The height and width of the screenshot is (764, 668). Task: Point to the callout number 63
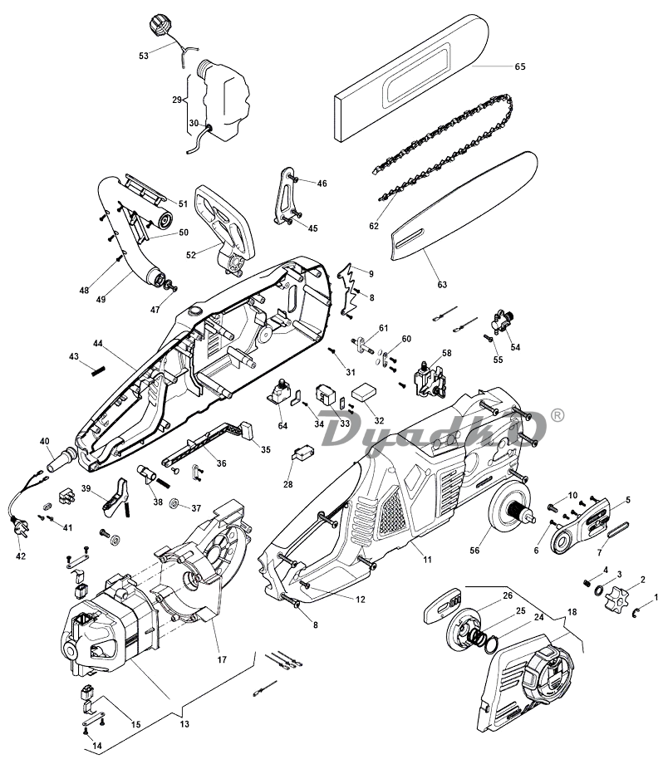442,285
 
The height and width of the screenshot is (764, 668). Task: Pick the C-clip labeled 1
636,613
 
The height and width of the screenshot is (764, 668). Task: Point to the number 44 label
98,343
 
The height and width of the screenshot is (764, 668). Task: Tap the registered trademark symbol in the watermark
558,413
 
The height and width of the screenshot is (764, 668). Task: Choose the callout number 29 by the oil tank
176,100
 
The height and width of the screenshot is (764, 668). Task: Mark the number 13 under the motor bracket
184,723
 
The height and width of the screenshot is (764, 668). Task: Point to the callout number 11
427,560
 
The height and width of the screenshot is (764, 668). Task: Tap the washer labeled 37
174,505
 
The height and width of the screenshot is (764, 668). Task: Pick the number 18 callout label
571,612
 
